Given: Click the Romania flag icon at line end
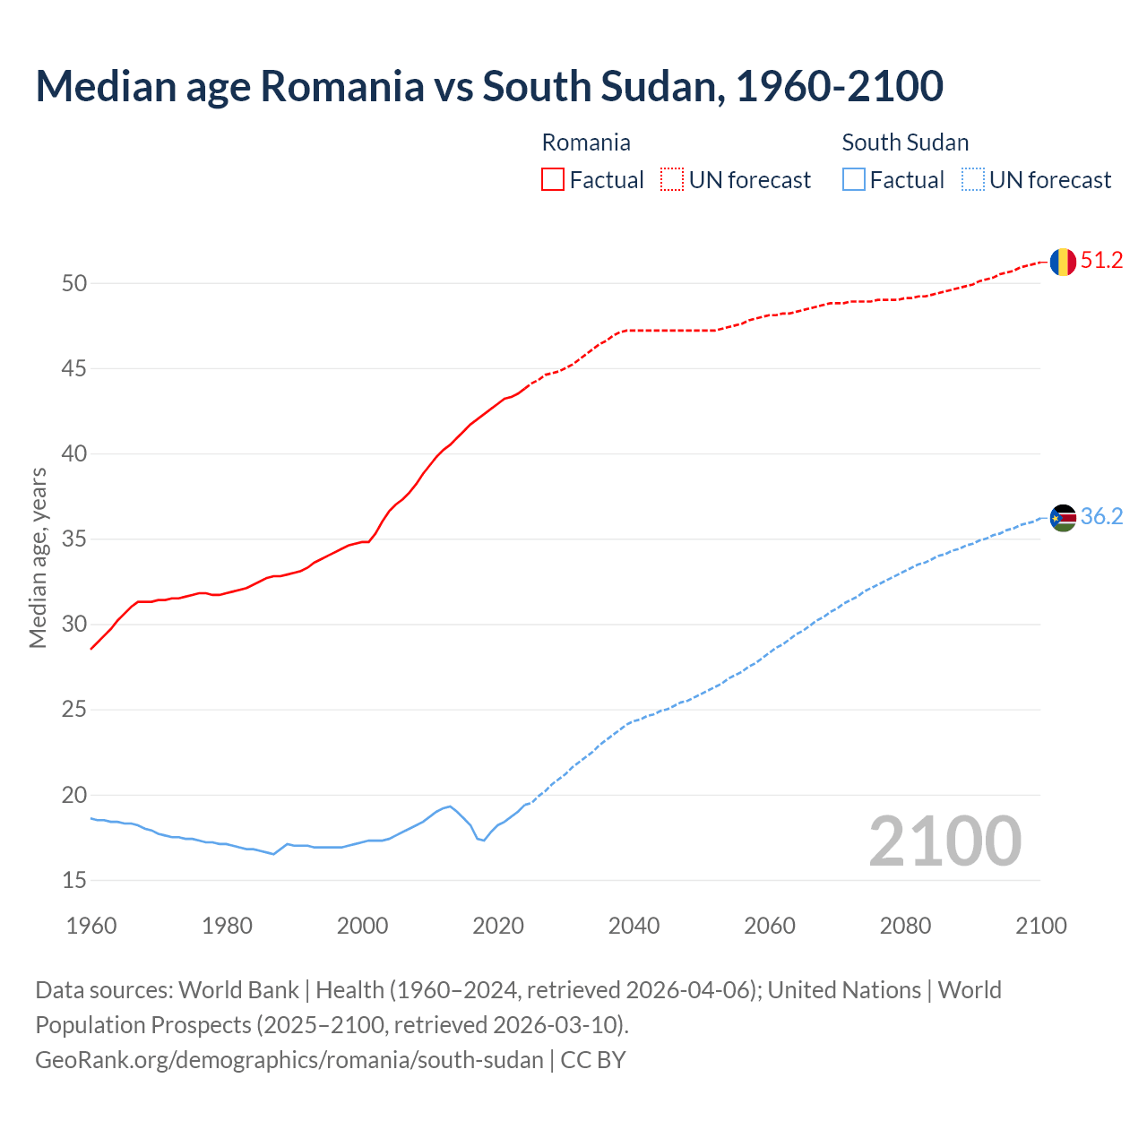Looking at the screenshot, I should click(1062, 262).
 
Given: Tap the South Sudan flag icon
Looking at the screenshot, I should click(1062, 517).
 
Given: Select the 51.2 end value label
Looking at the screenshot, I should click(1101, 261).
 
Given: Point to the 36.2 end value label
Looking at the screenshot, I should click(1101, 517).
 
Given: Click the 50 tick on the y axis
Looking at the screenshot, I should click(74, 283).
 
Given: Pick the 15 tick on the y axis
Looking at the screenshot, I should click(74, 881).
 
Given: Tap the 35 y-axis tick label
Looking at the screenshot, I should click(74, 539).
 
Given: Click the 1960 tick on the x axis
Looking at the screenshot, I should click(91, 926).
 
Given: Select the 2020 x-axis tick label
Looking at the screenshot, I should click(498, 926).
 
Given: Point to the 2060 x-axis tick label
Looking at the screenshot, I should click(770, 926).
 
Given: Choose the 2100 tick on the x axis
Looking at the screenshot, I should click(1040, 926).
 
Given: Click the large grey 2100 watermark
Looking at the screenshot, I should click(944, 841).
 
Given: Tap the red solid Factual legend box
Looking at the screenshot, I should click(553, 179).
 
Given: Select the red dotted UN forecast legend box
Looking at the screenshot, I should click(672, 179).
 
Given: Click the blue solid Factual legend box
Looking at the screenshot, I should click(854, 179).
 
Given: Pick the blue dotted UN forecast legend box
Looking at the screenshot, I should click(972, 179).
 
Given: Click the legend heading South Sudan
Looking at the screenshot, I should click(905, 142).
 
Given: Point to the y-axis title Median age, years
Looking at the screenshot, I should click(38, 557).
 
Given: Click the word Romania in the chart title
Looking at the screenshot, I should click(341, 86).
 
